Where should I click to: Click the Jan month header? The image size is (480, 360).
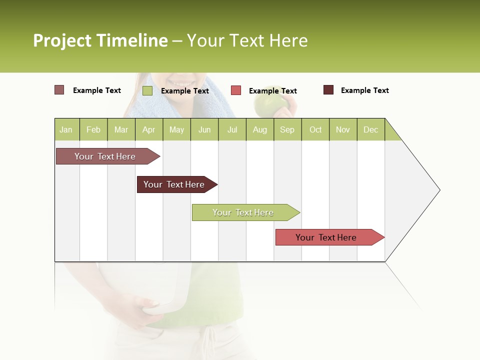tap(66, 129)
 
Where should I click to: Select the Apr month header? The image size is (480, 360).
tap(149, 129)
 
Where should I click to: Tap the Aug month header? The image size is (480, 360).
tap(259, 129)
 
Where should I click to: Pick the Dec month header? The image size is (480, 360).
tap(370, 129)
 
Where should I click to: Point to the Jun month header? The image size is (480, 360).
tap(204, 129)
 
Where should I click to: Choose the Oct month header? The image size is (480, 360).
tap(315, 129)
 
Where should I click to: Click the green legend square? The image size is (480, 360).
tap(147, 90)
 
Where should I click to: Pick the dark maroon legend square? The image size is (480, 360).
tap(328, 90)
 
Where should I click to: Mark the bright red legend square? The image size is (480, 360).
tap(236, 90)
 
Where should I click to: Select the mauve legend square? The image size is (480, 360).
tap(59, 90)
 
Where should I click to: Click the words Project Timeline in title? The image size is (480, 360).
tap(100, 40)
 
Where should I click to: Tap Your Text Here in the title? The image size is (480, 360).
tap(247, 40)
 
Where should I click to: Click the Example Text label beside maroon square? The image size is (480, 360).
tap(364, 90)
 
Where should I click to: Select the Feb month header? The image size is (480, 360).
tap(93, 129)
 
